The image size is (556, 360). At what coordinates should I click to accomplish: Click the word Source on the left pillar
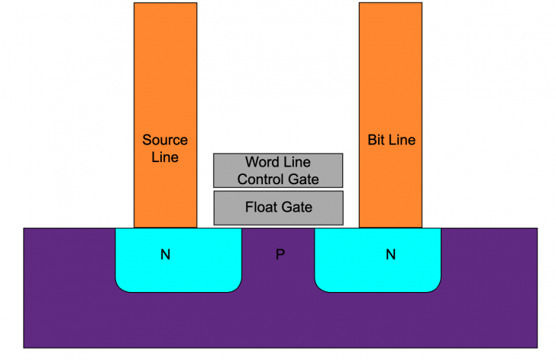pyautogui.click(x=165, y=140)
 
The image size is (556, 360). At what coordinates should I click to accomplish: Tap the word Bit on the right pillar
pyautogui.click(x=377, y=141)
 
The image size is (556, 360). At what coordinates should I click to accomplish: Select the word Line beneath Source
pyautogui.click(x=165, y=157)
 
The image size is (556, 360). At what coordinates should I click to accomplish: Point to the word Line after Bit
pyautogui.click(x=402, y=141)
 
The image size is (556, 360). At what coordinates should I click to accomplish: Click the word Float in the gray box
pyautogui.click(x=260, y=207)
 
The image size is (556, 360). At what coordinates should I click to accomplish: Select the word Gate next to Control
pyautogui.click(x=302, y=180)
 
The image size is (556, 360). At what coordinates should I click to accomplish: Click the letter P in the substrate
pyautogui.click(x=280, y=255)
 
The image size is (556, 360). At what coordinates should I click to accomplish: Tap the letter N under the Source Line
pyautogui.click(x=165, y=255)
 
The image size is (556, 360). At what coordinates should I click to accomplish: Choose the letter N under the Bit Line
pyautogui.click(x=390, y=255)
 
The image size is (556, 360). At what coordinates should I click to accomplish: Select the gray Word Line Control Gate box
pyautogui.click(x=226, y=170)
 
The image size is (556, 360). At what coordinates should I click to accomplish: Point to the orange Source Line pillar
pyautogui.click(x=165, y=76)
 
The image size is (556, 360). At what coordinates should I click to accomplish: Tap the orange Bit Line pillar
pyautogui.click(x=390, y=76)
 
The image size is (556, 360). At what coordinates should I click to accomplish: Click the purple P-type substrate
pyautogui.click(x=278, y=321)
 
